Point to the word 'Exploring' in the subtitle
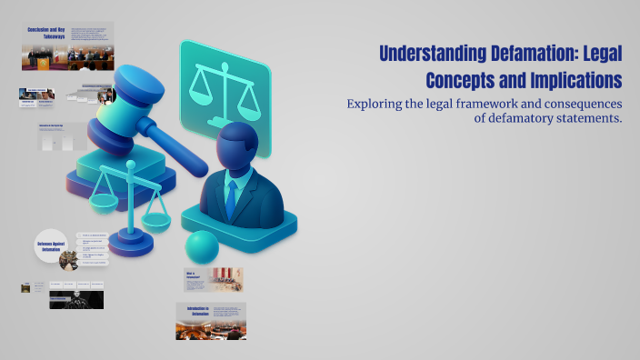pos(375,104)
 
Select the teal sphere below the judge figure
pos(202,246)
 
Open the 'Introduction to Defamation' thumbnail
pos(211,321)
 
